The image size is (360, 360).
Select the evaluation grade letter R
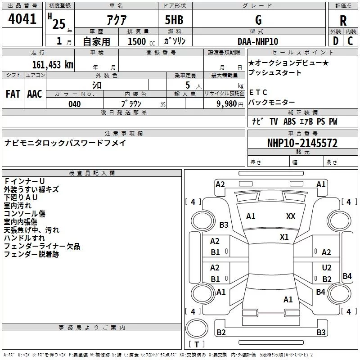(x=343, y=21)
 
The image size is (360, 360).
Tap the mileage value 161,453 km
(x=53, y=64)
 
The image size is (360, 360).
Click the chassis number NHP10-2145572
(x=302, y=143)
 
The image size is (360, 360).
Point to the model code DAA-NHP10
(x=258, y=41)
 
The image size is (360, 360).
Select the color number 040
(x=74, y=104)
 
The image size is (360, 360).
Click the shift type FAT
(x=13, y=94)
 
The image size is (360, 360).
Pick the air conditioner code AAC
(x=34, y=94)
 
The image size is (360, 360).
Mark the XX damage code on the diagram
(x=291, y=216)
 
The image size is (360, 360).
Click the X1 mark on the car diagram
(x=284, y=237)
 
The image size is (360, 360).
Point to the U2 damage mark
(x=327, y=268)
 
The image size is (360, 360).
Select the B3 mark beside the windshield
(x=224, y=225)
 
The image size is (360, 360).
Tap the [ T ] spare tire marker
(x=196, y=345)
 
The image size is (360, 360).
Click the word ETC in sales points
(x=258, y=93)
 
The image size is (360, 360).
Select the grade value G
(x=258, y=20)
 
